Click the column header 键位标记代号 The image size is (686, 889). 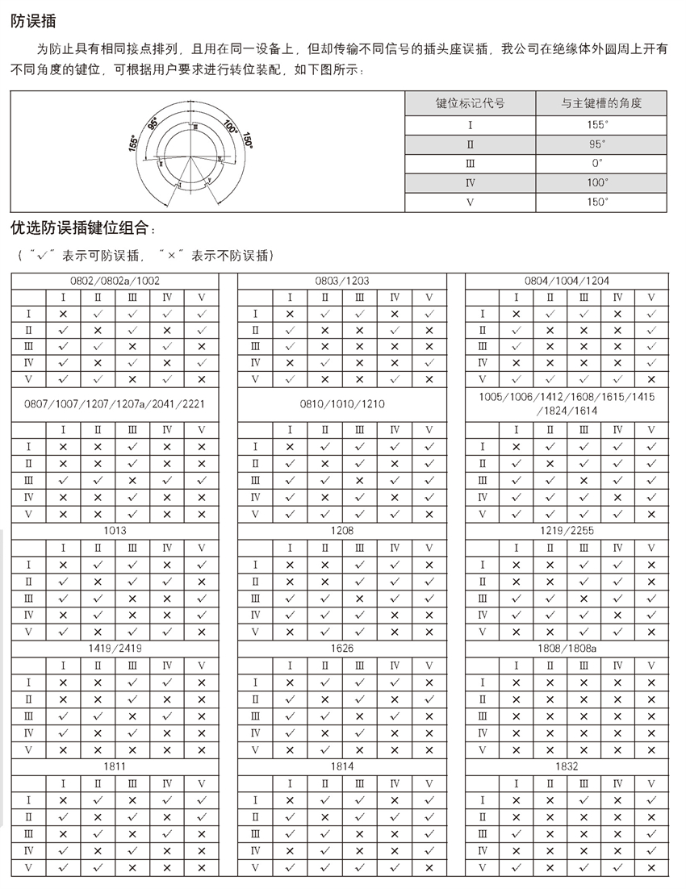point(471,104)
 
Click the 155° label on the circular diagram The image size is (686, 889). point(133,143)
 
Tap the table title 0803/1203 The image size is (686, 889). point(342,281)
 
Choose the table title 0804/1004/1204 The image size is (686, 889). point(567,281)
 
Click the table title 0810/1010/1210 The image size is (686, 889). point(342,403)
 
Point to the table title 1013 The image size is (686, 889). point(115,531)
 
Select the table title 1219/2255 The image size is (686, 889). point(567,531)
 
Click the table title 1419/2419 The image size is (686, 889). point(115,648)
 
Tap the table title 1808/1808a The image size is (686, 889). point(567,648)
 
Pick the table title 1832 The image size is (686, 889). point(567,766)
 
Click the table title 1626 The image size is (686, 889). point(342,648)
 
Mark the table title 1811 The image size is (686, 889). point(115,766)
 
